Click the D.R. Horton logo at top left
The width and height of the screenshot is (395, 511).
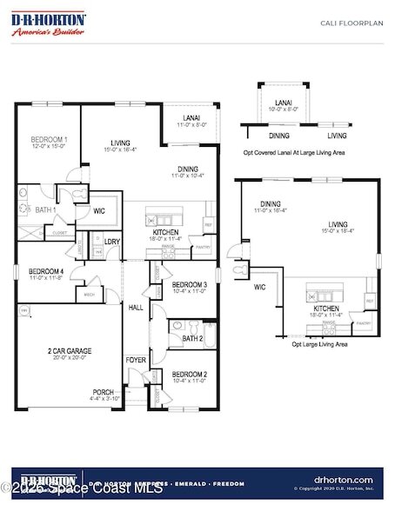tap(49, 23)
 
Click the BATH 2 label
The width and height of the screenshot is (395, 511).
tap(192, 338)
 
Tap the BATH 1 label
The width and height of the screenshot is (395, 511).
tap(45, 210)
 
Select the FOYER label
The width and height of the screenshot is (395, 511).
tap(136, 359)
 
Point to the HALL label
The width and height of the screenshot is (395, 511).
tap(137, 308)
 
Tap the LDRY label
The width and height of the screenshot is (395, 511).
tap(112, 242)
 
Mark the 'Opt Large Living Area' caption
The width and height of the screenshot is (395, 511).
tap(319, 344)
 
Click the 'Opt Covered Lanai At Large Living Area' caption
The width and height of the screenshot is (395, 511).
tap(294, 152)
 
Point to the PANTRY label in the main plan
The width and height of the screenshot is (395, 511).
tap(203, 247)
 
